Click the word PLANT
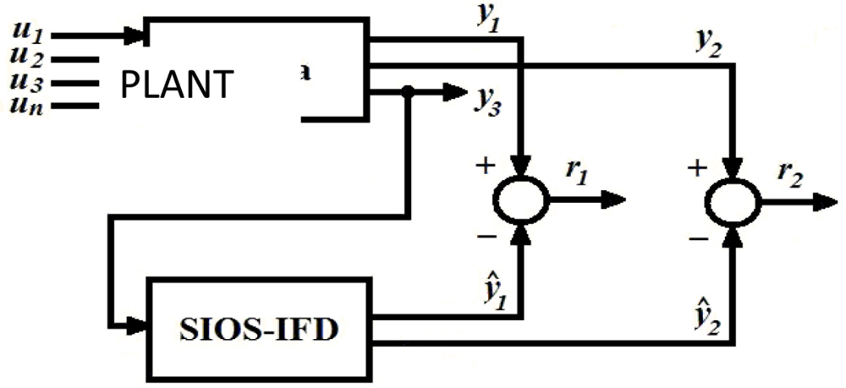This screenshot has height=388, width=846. point(177,85)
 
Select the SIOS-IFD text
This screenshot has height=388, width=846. point(255,328)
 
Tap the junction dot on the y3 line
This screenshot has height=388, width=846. point(409,92)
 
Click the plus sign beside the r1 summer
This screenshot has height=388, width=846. point(485,166)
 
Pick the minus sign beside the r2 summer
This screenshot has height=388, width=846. point(697,240)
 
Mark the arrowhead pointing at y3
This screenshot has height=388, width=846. point(456,92)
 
